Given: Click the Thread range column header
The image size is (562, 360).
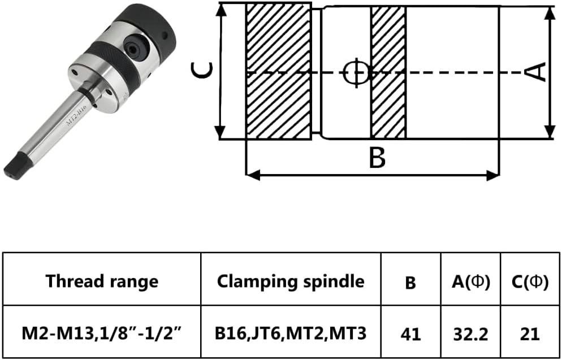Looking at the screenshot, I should pos(102,280).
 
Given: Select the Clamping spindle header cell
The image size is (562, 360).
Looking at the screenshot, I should pos(291,280).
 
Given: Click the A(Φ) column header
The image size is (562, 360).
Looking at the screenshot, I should pos(470,281).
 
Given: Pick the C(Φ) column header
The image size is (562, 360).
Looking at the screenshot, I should pos(529,281).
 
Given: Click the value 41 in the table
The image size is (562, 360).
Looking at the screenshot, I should pos(410,334).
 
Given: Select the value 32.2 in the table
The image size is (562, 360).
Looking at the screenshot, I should pos(470,334).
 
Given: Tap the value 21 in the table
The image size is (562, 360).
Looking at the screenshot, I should pos(529,334).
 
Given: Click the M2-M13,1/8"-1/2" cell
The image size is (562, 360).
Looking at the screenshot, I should pos(102,333).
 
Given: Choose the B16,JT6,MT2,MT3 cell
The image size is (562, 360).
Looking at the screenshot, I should pos(291,333).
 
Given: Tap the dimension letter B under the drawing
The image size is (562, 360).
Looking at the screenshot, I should pos(377,158).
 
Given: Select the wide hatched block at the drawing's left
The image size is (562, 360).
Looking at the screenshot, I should pos(278,72).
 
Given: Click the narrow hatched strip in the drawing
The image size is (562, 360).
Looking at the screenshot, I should pos(388,72).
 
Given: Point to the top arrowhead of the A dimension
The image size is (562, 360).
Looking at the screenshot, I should pos(549,11).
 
